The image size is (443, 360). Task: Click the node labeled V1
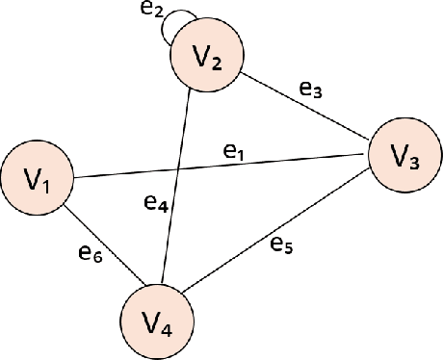tap(38, 179)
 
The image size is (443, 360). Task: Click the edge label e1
tap(234, 150)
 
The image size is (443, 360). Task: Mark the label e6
tap(91, 253)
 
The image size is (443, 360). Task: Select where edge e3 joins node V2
tap(242, 73)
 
